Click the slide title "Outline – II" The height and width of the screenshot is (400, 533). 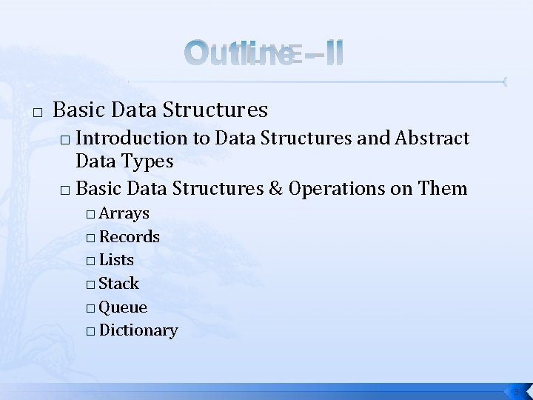[x=264, y=54]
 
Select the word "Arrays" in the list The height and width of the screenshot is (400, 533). [x=124, y=213]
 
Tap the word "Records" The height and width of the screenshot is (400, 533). [x=129, y=237]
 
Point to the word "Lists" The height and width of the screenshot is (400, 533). [x=116, y=260]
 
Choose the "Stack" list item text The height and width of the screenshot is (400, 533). [x=118, y=284]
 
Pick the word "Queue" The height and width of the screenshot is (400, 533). [x=123, y=307]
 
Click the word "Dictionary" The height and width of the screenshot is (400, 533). [x=138, y=330]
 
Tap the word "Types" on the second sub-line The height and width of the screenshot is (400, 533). [x=149, y=161]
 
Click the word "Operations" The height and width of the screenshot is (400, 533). [x=338, y=189]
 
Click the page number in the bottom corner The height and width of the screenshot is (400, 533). [x=518, y=390]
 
